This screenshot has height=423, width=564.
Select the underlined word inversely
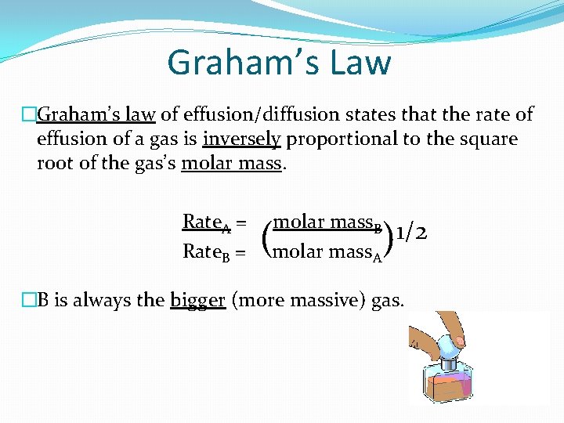[x=242, y=139]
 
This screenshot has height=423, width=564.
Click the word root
[x=54, y=163]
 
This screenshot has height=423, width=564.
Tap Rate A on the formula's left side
[x=206, y=223]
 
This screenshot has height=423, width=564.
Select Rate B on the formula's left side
[x=206, y=251]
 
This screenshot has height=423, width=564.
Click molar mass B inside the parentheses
[x=327, y=223]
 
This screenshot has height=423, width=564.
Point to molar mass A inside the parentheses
[x=327, y=251]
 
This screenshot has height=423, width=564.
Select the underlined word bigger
[x=197, y=300]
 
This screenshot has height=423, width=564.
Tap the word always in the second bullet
[x=102, y=300]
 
